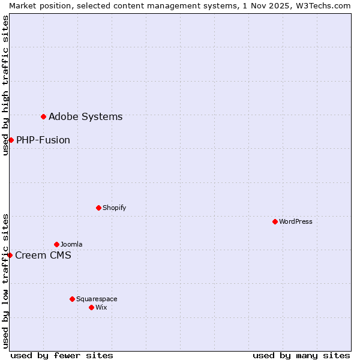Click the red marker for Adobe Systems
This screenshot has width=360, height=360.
[x=43, y=116]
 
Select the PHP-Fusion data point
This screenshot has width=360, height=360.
[x=11, y=140]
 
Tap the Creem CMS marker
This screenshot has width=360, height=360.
[x=10, y=255]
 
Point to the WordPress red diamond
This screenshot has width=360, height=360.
[x=275, y=221]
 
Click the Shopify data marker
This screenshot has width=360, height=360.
[x=98, y=208]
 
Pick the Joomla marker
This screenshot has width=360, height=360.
[x=56, y=244]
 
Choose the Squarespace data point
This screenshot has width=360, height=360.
[x=72, y=299]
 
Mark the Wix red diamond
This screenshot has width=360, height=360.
[x=91, y=307]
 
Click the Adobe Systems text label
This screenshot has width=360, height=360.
[x=85, y=116]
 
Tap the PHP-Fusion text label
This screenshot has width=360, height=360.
[x=43, y=140]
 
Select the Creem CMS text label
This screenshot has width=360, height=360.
[x=43, y=255]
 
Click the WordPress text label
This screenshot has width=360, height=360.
[x=296, y=221]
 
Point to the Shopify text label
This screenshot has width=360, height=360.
[x=114, y=208]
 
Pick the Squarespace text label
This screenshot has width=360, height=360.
[x=97, y=299]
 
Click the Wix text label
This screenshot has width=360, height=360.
[x=101, y=307]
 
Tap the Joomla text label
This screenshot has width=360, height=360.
[x=71, y=244]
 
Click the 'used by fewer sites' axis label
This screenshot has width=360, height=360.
[x=62, y=355]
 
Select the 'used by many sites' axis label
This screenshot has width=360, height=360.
[x=301, y=355]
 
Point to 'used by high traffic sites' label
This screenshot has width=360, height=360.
[x=5, y=85]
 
